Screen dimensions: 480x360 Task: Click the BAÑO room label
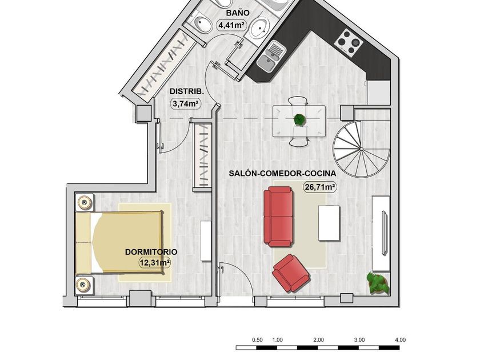pos(238,13)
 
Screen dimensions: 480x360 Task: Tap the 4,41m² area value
pos(232,25)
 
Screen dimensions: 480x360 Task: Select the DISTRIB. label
pos(186,91)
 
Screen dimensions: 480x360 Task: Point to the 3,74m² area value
pos(186,103)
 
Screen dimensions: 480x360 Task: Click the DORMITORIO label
pos(151,252)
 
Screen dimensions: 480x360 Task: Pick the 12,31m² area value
pos(155,263)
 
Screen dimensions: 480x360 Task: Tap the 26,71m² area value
pos(319,186)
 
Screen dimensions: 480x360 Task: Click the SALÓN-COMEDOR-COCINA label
pos(282,173)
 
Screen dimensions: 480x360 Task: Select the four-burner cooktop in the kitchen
pos(348,42)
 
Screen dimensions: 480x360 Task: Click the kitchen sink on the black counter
pos(271,57)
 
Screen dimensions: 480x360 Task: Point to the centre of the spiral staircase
pos(362,149)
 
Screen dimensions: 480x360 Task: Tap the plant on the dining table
pos(299,119)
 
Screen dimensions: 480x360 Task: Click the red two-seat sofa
pos(278,217)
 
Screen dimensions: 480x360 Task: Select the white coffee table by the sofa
pos(329,223)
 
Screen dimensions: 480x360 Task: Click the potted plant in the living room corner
pos(378,283)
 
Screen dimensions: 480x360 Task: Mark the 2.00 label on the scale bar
pos(318,340)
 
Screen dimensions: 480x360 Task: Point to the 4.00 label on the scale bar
pos(400,340)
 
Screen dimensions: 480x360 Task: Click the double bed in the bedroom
pos(119,242)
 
